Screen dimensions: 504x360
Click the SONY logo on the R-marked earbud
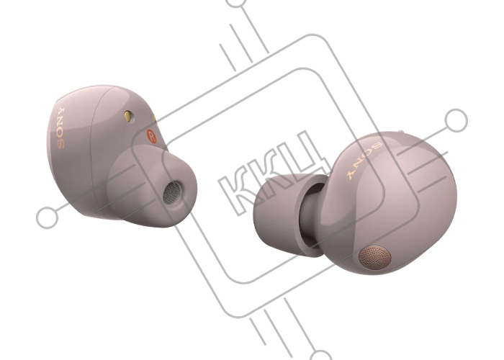[x=60, y=127]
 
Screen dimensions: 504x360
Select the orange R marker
[x=151, y=136]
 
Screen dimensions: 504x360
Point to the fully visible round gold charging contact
[x=128, y=117]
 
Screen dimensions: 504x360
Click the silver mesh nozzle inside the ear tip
[x=171, y=193]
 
